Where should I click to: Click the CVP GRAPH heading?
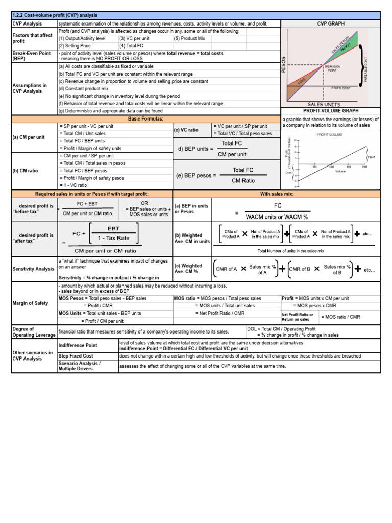point(331,23)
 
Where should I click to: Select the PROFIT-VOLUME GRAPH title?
point(331,110)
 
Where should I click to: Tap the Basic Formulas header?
point(145,118)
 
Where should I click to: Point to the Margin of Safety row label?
point(30,303)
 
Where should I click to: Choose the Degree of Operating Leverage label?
point(23,332)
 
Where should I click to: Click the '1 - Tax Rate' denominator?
point(113,238)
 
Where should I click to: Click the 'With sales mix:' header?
point(277,194)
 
